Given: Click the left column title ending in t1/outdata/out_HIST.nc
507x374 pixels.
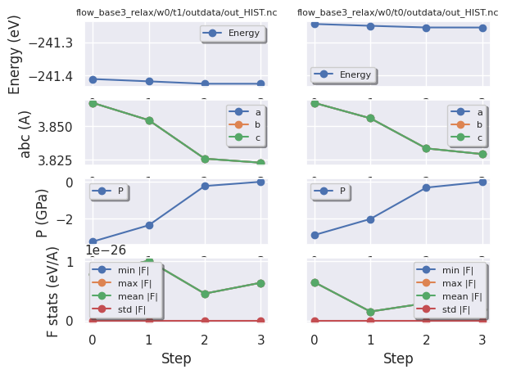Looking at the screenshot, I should point(176,12).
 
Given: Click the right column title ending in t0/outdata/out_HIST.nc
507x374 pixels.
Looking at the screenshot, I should point(397,12).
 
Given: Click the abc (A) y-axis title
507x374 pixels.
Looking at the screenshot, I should point(25,133).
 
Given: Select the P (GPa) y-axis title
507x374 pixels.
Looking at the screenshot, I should point(43,212).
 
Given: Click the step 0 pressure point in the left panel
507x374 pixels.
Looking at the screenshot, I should point(93,242).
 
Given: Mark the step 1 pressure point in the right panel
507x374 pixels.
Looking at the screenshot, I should point(370,219).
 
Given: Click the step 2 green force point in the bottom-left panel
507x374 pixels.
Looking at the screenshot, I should point(205,294).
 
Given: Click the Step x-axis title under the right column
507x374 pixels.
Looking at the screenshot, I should point(398,358).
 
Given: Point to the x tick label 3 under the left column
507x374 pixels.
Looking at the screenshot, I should point(260,339).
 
